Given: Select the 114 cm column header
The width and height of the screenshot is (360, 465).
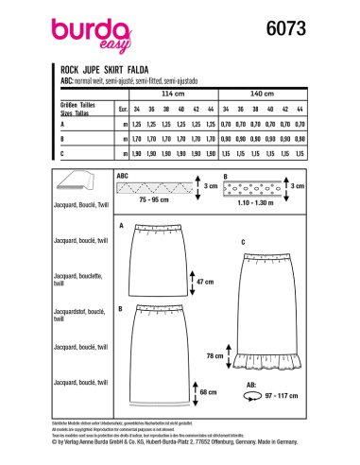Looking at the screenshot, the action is coord(172,95).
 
